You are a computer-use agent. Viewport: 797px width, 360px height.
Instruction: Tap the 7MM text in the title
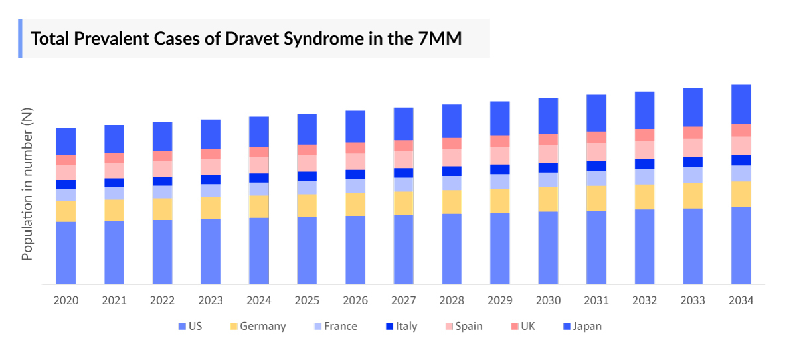point(440,39)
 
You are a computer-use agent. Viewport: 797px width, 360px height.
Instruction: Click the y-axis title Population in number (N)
point(27,185)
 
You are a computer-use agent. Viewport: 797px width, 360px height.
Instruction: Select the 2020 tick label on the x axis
point(66,300)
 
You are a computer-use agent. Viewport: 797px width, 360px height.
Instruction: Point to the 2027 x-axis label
point(403,300)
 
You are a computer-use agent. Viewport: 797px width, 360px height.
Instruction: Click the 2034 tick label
point(741,300)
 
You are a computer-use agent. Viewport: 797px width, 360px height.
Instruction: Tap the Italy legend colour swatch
point(389,326)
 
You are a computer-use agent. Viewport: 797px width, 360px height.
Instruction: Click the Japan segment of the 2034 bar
point(741,104)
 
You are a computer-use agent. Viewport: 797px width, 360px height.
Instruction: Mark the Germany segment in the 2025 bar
point(307,205)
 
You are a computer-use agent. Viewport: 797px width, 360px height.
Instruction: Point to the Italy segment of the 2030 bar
point(548,167)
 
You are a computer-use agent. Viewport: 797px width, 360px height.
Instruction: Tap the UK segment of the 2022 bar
point(162,156)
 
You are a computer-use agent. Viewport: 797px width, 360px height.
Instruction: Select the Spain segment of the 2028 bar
point(452,157)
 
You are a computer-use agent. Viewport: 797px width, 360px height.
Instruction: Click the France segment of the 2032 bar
point(644,177)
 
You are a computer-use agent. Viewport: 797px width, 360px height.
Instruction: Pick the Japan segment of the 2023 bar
point(211,134)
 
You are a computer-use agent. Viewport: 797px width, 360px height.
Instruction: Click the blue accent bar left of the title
point(20,39)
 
